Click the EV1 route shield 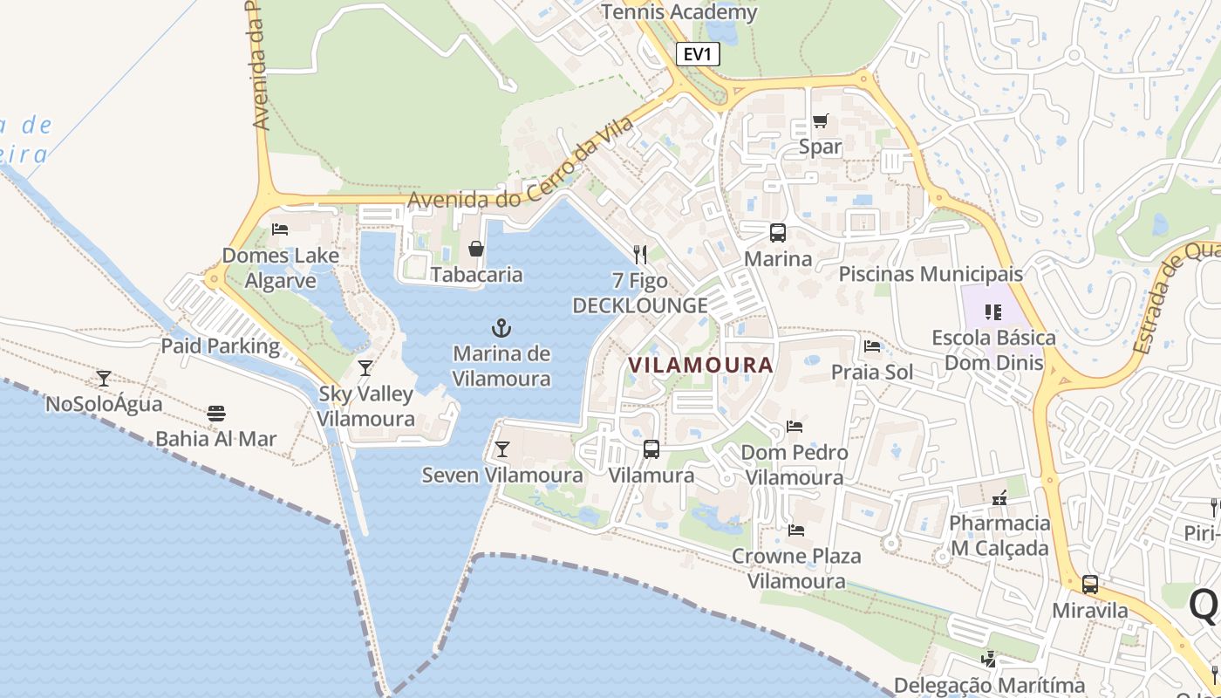click(x=698, y=55)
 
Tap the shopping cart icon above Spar click(x=820, y=120)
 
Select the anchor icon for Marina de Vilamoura click(x=501, y=328)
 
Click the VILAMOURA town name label click(x=700, y=366)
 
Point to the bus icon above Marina click(x=777, y=233)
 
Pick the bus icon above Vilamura click(x=651, y=449)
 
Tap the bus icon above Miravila click(x=1090, y=585)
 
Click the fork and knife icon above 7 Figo click(x=640, y=255)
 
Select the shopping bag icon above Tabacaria click(x=476, y=250)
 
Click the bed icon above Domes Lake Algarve click(x=280, y=229)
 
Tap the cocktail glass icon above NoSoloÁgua click(x=104, y=378)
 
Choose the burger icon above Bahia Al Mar click(x=216, y=413)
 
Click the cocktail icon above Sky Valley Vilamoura click(x=365, y=367)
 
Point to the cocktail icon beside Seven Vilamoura click(x=502, y=449)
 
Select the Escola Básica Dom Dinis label click(x=993, y=349)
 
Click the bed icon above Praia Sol click(x=872, y=346)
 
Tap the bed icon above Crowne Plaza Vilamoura click(x=796, y=530)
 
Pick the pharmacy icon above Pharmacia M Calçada click(x=999, y=498)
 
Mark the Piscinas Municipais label click(x=931, y=274)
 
